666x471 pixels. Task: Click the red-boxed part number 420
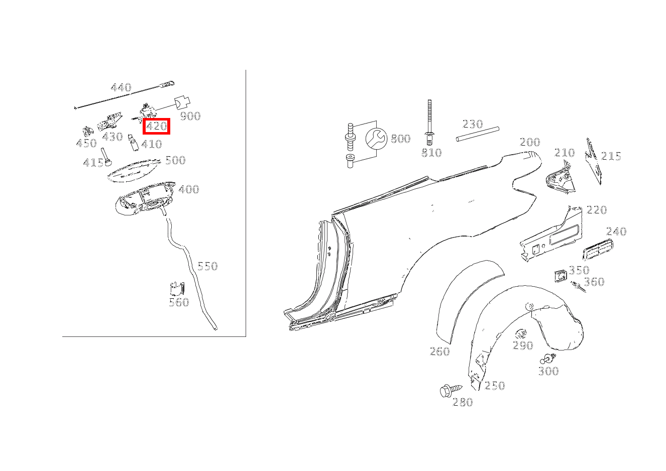[x=156, y=127]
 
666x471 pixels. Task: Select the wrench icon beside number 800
[x=376, y=139]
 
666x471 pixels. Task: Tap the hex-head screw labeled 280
[x=451, y=390]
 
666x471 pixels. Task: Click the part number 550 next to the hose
[x=207, y=266]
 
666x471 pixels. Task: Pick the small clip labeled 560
[x=177, y=288]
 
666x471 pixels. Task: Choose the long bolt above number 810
[x=429, y=123]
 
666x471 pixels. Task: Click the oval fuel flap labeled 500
[x=134, y=171]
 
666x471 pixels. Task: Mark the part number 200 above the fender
[x=529, y=142]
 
